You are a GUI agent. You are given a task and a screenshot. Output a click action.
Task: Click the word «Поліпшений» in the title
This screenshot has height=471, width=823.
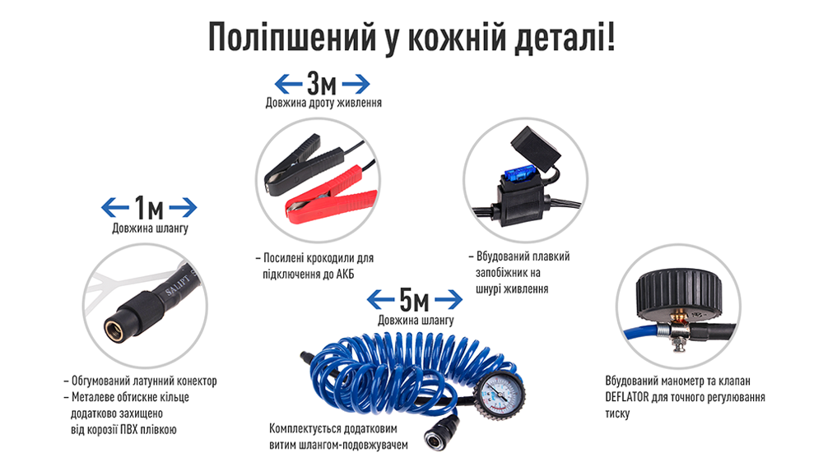292,38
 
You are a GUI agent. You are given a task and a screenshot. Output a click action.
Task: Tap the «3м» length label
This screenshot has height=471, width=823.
322,83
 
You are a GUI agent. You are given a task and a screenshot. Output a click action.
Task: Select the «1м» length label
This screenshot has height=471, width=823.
149,208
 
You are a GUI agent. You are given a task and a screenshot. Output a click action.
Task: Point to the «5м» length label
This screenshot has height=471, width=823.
414,300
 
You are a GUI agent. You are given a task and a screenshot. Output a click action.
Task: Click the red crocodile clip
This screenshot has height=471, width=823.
330,194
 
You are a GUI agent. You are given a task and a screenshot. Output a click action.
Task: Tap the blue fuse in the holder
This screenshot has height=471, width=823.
518,176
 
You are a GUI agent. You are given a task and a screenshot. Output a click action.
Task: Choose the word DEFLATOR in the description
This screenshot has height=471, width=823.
626,397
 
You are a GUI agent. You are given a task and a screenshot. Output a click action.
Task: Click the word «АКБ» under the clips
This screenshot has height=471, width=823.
345,275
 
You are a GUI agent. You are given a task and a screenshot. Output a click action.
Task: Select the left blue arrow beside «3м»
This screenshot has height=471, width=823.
288,83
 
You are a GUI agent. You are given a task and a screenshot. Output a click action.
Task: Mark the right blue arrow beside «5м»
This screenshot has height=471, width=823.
449,300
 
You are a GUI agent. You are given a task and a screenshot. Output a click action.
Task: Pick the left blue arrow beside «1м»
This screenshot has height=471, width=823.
115,208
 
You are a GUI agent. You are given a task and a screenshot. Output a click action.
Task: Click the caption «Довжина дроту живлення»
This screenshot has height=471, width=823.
323,103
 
